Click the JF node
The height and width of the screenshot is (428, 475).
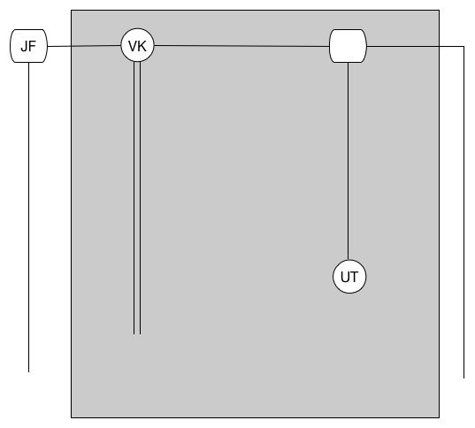[29, 46]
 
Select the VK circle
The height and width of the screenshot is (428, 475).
[137, 45]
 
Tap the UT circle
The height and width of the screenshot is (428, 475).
[349, 277]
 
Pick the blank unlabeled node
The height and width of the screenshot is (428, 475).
[348, 46]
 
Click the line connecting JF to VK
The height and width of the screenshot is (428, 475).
[84, 46]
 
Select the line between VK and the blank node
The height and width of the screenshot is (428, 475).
[241, 46]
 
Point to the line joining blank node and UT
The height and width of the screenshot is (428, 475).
[349, 161]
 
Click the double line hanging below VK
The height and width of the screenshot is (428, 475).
[137, 198]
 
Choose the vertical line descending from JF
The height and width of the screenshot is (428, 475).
[29, 218]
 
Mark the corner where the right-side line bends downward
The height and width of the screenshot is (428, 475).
[464, 46]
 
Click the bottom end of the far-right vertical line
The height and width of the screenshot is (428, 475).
[464, 378]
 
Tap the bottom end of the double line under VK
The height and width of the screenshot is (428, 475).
[137, 334]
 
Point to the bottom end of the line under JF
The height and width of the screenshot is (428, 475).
[29, 371]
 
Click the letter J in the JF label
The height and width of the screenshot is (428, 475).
[25, 47]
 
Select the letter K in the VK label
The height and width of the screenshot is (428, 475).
[142, 46]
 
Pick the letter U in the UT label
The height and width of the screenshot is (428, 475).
[345, 277]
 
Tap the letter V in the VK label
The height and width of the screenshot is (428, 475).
[133, 46]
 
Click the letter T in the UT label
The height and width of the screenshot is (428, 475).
[354, 277]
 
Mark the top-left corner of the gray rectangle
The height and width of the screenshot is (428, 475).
[72, 11]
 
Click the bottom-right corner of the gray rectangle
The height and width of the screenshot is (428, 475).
[439, 417]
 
